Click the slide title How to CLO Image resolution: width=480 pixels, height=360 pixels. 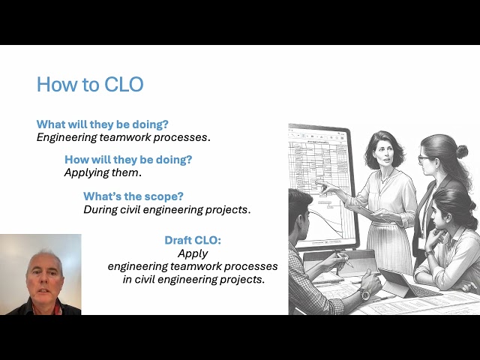tap(90, 84)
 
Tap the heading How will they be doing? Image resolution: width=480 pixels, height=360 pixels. tap(128, 159)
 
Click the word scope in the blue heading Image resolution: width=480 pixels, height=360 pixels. tap(164, 196)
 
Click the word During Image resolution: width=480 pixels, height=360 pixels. tap(100, 209)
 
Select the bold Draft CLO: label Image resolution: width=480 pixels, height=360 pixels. tap(193, 240)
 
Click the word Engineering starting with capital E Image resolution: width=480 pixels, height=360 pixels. tap(66, 137)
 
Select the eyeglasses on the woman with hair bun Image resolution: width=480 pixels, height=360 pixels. tap(426, 158)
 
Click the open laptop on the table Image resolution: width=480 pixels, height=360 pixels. tap(405, 285)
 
